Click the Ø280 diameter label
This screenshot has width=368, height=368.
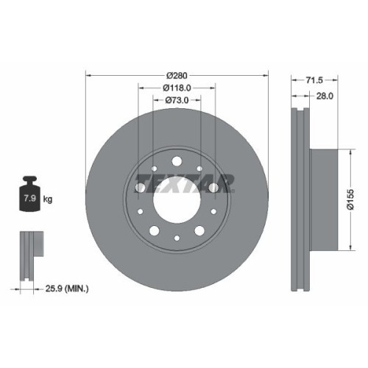(177, 75)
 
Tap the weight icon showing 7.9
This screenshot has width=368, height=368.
(30, 195)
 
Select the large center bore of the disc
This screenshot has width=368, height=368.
(177, 197)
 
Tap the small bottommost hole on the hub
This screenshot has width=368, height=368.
(177, 238)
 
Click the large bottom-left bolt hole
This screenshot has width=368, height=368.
(152, 232)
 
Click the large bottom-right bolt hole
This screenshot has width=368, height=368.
(201, 232)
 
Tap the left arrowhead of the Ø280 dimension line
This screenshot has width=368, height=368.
(89, 75)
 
